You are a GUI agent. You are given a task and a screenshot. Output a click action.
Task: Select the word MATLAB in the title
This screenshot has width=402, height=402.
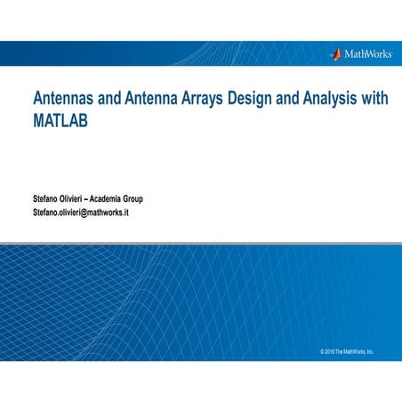61,119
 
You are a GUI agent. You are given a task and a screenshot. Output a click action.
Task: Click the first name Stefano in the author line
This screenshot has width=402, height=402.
48,197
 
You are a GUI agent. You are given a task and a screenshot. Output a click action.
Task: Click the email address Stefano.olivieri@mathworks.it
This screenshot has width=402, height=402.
81,213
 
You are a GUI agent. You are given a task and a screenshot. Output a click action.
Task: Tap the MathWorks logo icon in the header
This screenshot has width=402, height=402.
335,53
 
